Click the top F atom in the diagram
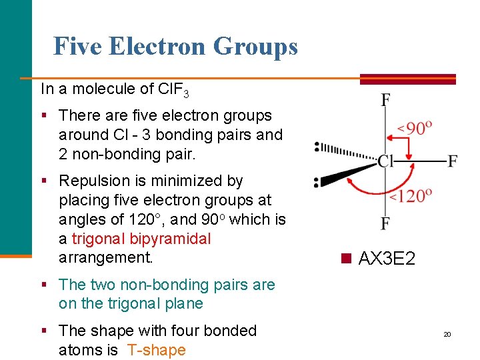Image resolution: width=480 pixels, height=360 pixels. tap(385, 100)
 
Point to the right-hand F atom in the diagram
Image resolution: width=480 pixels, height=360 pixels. tap(453, 161)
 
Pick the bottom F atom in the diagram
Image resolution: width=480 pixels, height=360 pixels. tap(385, 223)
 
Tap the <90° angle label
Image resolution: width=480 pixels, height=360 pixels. tap(415, 127)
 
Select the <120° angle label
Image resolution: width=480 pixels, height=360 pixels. tap(411, 195)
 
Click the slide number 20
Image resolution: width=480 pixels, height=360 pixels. tap(447, 334)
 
